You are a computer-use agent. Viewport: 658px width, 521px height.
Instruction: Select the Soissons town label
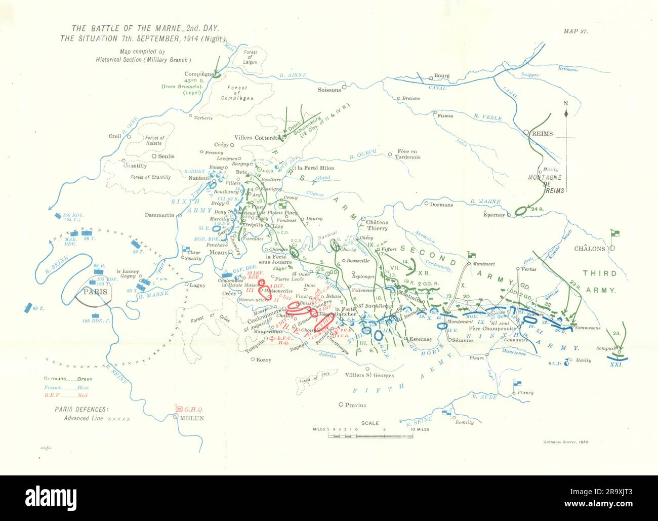[x=329, y=90]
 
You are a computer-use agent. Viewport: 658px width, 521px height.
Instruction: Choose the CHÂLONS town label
[x=589, y=249]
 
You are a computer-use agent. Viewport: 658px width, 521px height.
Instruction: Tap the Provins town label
[x=356, y=405]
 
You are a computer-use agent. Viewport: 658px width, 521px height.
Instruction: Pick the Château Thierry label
[x=374, y=225]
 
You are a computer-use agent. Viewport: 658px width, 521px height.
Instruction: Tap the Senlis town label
[x=166, y=156]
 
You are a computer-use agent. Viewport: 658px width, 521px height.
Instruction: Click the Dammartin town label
[x=159, y=215]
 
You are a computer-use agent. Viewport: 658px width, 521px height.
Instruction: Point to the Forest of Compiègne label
[x=237, y=93]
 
